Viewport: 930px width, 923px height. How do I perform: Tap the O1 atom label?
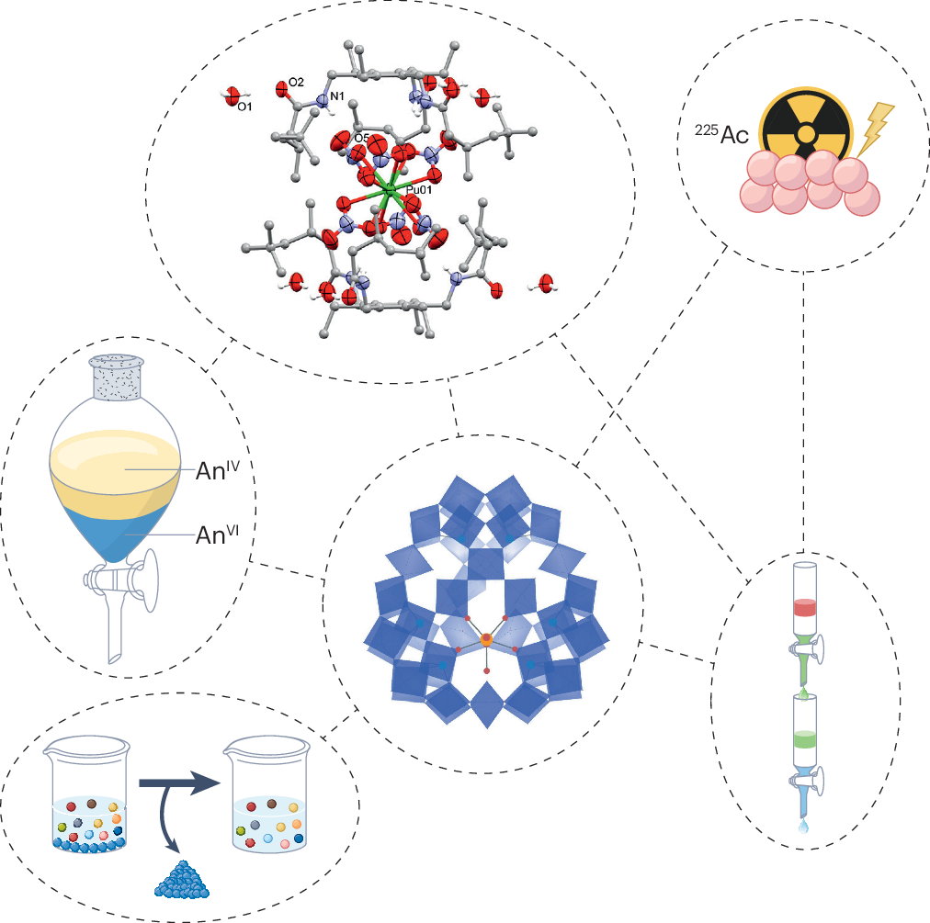(244, 107)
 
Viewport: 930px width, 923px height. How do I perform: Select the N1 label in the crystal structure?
(337, 95)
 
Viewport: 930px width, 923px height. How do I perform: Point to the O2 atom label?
(296, 83)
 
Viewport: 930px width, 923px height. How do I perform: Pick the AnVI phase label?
(218, 535)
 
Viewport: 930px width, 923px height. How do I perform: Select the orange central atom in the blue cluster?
(486, 638)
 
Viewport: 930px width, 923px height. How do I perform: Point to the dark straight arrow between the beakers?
(179, 783)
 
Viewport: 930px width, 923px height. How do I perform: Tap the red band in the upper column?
(805, 607)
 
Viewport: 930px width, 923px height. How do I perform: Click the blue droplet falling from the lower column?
(805, 827)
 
